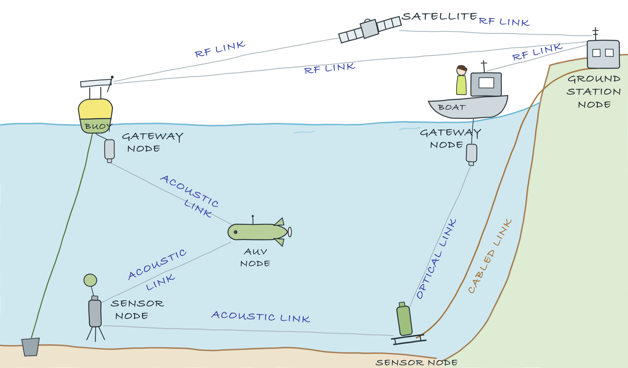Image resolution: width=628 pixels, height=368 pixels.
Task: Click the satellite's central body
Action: tap(369, 29)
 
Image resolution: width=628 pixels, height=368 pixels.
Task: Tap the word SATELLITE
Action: tap(439, 17)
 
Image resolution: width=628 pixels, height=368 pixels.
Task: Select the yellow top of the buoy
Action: tap(95, 109)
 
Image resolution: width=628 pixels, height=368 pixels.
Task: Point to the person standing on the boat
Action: tap(461, 80)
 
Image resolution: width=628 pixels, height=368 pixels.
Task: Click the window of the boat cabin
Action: tap(486, 83)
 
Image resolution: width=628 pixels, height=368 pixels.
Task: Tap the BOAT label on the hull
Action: tap(452, 108)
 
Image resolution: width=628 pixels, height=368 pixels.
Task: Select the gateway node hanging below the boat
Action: tap(472, 155)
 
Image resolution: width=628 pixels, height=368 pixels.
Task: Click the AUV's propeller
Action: tap(290, 232)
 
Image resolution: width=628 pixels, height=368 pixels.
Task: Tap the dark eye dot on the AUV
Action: tap(236, 232)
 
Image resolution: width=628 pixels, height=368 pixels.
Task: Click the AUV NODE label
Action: tap(255, 257)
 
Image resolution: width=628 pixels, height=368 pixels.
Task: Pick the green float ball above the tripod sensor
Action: tap(90, 280)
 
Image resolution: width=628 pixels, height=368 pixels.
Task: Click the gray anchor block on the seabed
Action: tap(30, 347)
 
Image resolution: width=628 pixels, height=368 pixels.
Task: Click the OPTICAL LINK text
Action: tap(436, 259)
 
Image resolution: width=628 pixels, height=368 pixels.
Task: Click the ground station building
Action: tap(603, 54)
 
